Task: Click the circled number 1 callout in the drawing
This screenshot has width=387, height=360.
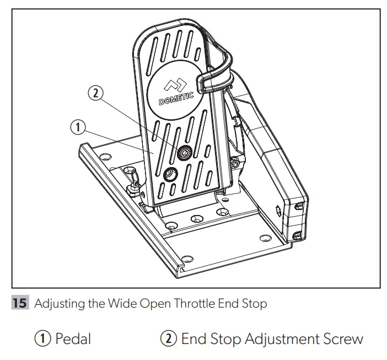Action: pos(78,127)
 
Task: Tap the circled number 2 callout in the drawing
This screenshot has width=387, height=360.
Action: pos(95,94)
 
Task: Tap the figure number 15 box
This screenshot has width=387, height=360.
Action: pos(20,304)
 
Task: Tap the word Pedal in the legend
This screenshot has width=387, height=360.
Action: pos(73,338)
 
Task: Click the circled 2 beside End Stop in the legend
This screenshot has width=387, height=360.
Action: pos(169,338)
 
